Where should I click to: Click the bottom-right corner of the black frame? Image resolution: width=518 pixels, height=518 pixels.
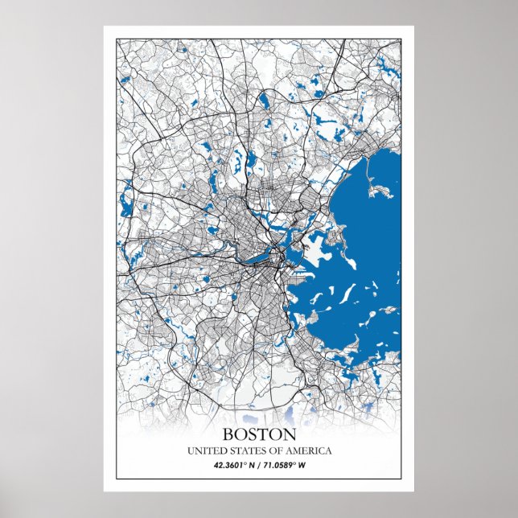tap(401, 478)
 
